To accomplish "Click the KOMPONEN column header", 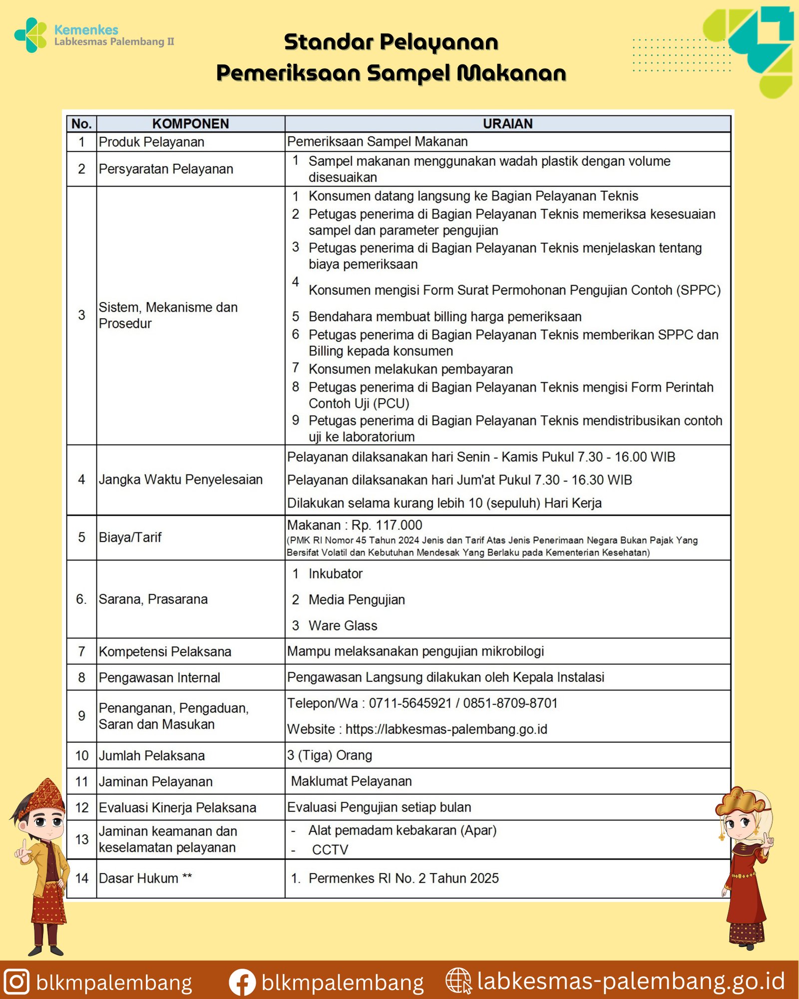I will tap(190, 123).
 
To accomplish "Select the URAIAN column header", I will tap(507, 123).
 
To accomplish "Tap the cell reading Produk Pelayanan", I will tap(151, 142).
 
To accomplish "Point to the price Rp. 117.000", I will tap(387, 525).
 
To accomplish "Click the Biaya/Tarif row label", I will tap(130, 537).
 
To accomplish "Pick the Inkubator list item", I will tap(335, 573).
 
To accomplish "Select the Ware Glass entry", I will tap(343, 625).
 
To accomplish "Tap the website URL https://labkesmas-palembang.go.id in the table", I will tap(446, 729).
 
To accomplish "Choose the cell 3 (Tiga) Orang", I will tap(330, 755).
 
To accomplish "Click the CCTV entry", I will tap(330, 850).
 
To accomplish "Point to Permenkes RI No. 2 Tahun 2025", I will tap(403, 878).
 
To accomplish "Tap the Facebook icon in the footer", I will tap(242, 982).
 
